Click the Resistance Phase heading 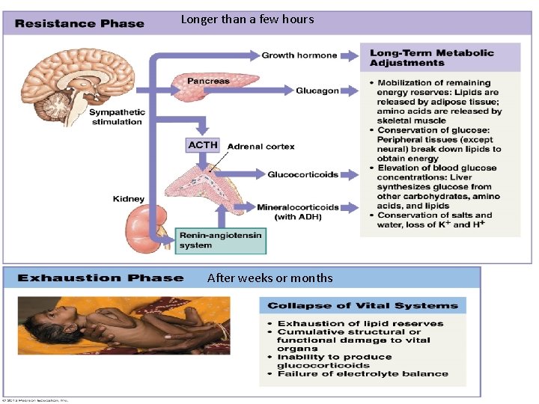80,23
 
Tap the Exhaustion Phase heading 100,278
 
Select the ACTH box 203,144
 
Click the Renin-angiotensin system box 220,240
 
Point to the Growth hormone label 299,55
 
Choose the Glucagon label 317,91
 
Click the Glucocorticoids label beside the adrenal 303,174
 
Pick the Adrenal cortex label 261,147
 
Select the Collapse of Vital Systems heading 363,305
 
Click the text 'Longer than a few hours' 248,19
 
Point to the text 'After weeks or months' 269,278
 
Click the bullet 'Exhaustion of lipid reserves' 360,324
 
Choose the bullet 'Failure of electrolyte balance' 363,373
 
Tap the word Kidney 129,199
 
